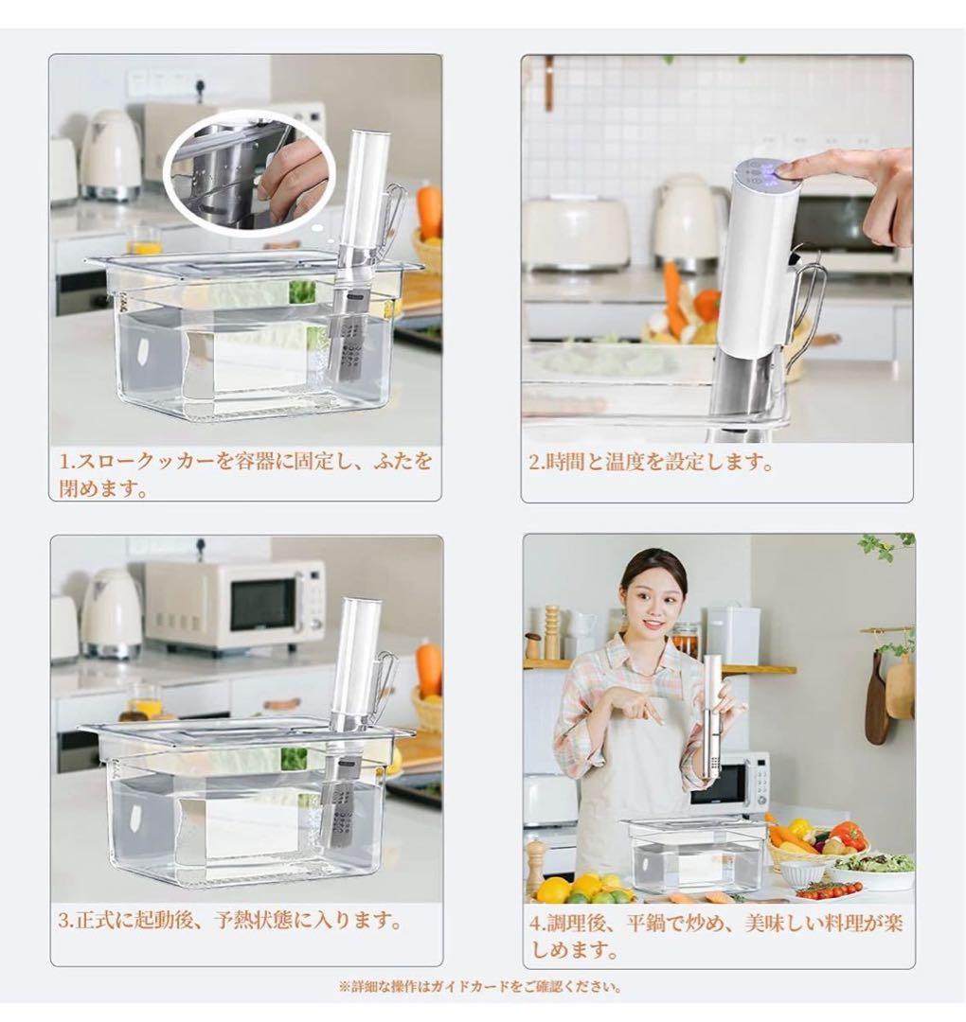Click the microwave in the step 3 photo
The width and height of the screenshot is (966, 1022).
tap(234, 603)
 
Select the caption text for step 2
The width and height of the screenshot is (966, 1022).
tap(652, 464)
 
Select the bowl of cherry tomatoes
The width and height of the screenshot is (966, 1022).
tap(829, 890)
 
